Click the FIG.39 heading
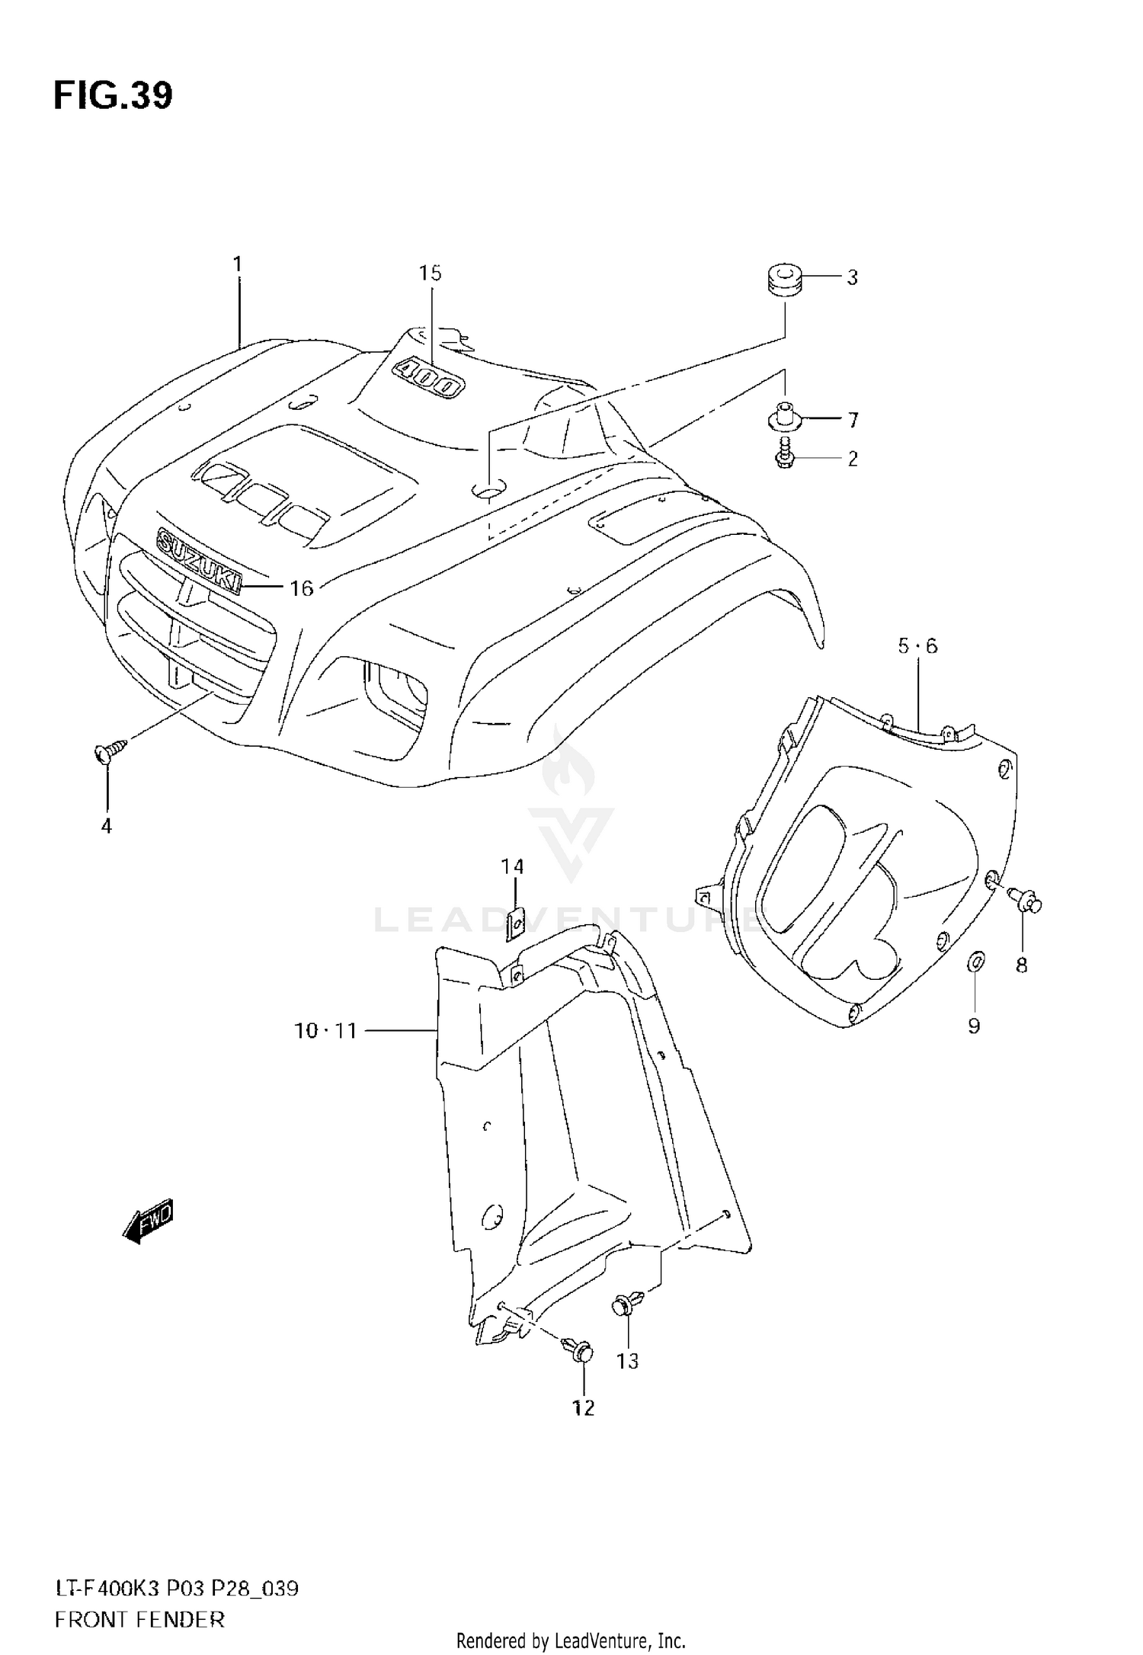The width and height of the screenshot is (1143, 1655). click(x=113, y=97)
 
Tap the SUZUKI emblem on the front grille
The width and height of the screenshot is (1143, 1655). click(x=199, y=560)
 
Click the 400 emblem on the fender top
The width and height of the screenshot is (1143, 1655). click(x=428, y=378)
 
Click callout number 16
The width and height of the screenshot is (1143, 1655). click(x=302, y=588)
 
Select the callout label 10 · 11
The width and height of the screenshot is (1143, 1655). click(x=325, y=1031)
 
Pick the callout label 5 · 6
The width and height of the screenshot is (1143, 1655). click(x=917, y=646)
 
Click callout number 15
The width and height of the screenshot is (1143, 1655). click(x=430, y=273)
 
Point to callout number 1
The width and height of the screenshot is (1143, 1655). click(x=238, y=264)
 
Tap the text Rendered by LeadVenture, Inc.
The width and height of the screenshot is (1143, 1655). click(x=571, y=1641)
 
